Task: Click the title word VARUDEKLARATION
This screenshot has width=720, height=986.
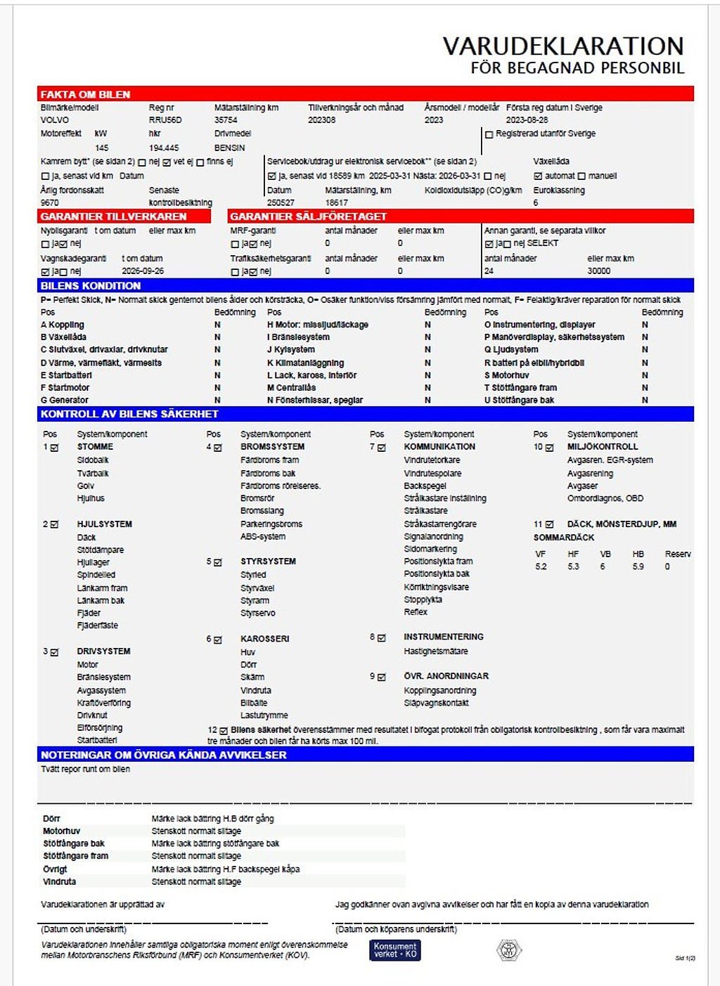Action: point(562,46)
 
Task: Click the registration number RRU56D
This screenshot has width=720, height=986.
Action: point(165,120)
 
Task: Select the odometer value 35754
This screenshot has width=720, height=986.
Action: point(226,120)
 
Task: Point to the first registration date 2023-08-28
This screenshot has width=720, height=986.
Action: point(527,120)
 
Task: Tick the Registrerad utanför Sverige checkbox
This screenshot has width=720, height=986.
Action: point(489,134)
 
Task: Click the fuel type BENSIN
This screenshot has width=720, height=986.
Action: point(229,148)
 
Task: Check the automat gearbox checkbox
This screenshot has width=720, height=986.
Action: point(538,176)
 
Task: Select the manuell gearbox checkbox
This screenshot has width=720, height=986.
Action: point(581,176)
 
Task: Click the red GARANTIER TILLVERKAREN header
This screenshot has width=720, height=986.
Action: point(114,216)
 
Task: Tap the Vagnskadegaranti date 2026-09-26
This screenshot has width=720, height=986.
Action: point(143,271)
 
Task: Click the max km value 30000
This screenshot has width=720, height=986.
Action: point(599,271)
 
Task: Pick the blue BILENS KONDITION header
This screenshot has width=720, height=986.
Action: point(91,286)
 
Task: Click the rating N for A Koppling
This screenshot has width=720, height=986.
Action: point(217,325)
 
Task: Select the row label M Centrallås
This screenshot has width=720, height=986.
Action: point(292,387)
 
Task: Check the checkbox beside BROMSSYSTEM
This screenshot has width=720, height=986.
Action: point(218,448)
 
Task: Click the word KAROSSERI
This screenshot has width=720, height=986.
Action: point(264,639)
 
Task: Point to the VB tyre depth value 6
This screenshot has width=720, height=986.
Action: point(603,566)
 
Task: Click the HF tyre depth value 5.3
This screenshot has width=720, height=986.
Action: point(573,566)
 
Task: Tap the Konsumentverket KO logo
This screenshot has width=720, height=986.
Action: point(395,950)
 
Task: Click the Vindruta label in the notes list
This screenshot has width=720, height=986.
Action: point(59,881)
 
